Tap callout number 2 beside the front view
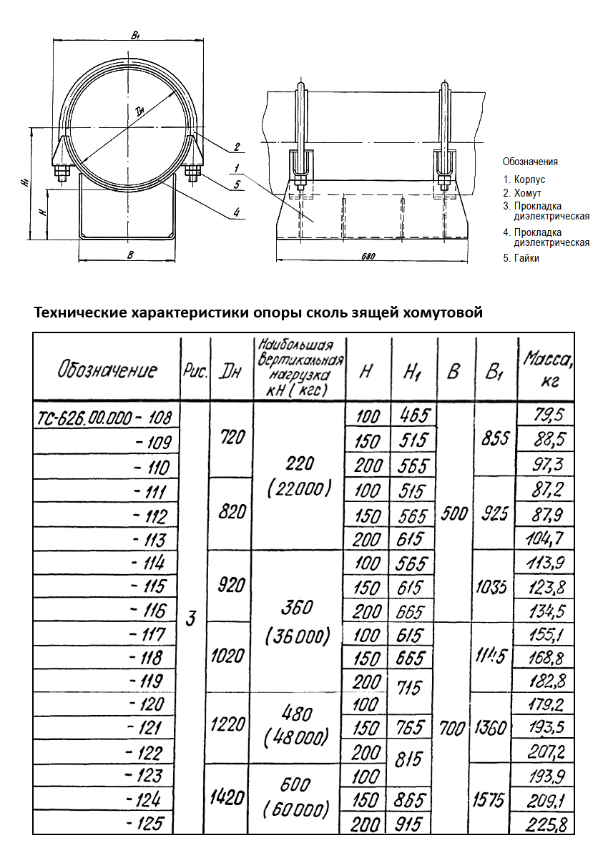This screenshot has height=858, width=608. point(236,147)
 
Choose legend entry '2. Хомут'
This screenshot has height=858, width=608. point(522,193)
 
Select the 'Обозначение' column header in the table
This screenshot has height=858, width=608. point(107,370)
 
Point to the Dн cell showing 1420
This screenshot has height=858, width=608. point(227,798)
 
